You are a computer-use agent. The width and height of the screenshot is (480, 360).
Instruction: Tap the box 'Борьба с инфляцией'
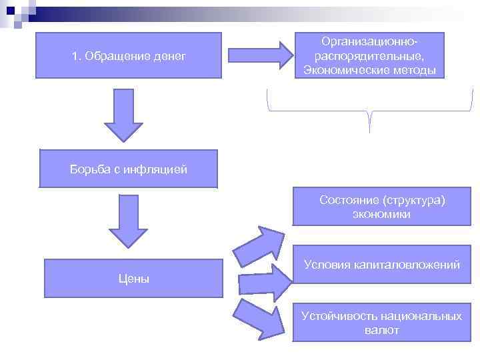click(x=128, y=169)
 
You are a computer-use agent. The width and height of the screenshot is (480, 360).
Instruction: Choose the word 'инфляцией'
click(x=160, y=169)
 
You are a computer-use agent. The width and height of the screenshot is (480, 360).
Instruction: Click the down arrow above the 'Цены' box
click(x=128, y=220)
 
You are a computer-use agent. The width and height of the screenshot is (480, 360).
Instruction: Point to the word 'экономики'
click(x=381, y=214)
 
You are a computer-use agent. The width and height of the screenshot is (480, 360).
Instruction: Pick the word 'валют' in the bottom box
click(x=381, y=330)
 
